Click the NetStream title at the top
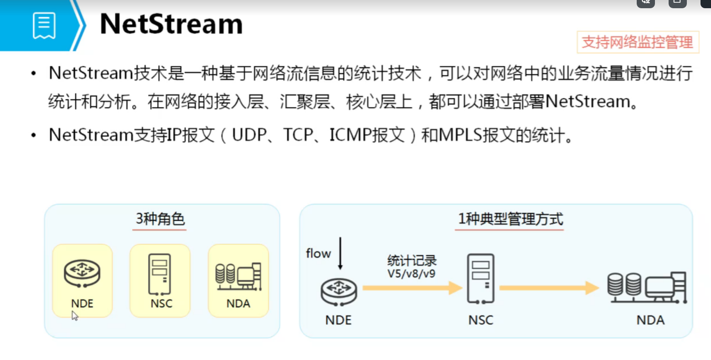coord(171,24)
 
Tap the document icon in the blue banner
coord(44,26)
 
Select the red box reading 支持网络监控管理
coord(637,42)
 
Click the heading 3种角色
coord(160,219)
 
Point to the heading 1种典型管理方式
coord(510,219)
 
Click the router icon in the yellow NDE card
coord(82,273)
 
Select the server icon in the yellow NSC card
coord(160,274)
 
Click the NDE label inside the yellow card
coord(82,303)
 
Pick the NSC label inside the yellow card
coord(161,303)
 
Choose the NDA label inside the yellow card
coord(238,303)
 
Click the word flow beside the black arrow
coord(318,253)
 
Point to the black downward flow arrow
coord(340,253)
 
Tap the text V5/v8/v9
coord(411,274)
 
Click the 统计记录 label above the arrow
coord(412,261)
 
